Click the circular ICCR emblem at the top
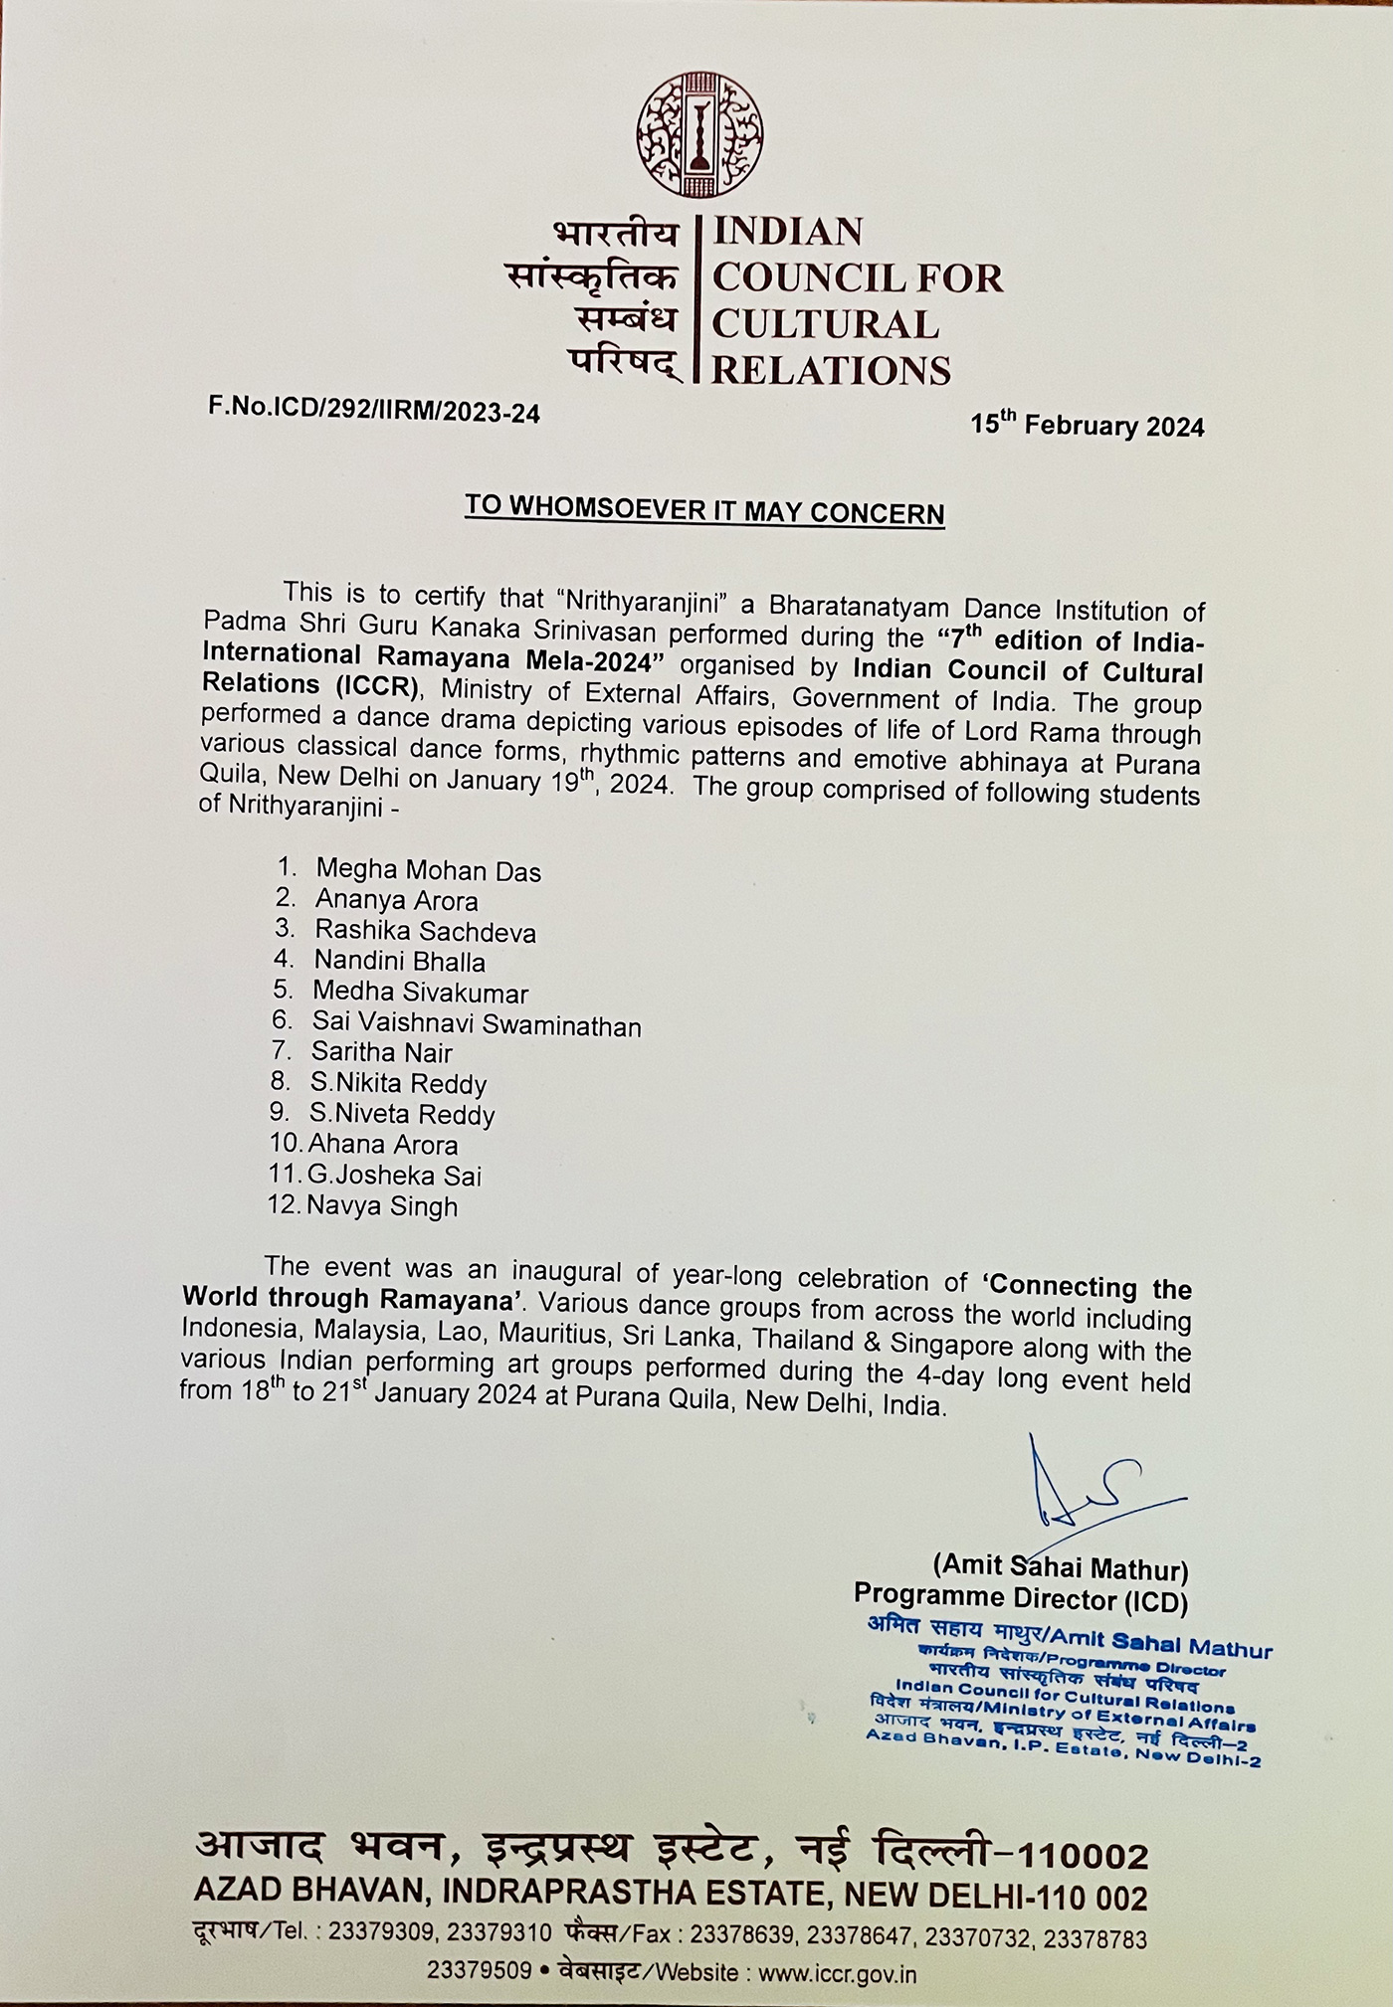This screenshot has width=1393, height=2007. (x=699, y=136)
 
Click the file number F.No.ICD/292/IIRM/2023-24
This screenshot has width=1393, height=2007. (x=374, y=410)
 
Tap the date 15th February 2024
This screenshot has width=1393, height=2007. (x=1088, y=426)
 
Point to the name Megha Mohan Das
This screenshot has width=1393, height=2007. (x=428, y=871)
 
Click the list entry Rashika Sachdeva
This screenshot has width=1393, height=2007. (x=425, y=932)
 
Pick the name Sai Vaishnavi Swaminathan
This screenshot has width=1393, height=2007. (x=476, y=1024)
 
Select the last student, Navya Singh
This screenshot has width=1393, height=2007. (x=382, y=1206)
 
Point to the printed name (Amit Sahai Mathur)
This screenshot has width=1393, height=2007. (x=1060, y=1569)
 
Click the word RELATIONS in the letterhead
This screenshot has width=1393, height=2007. (x=832, y=371)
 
